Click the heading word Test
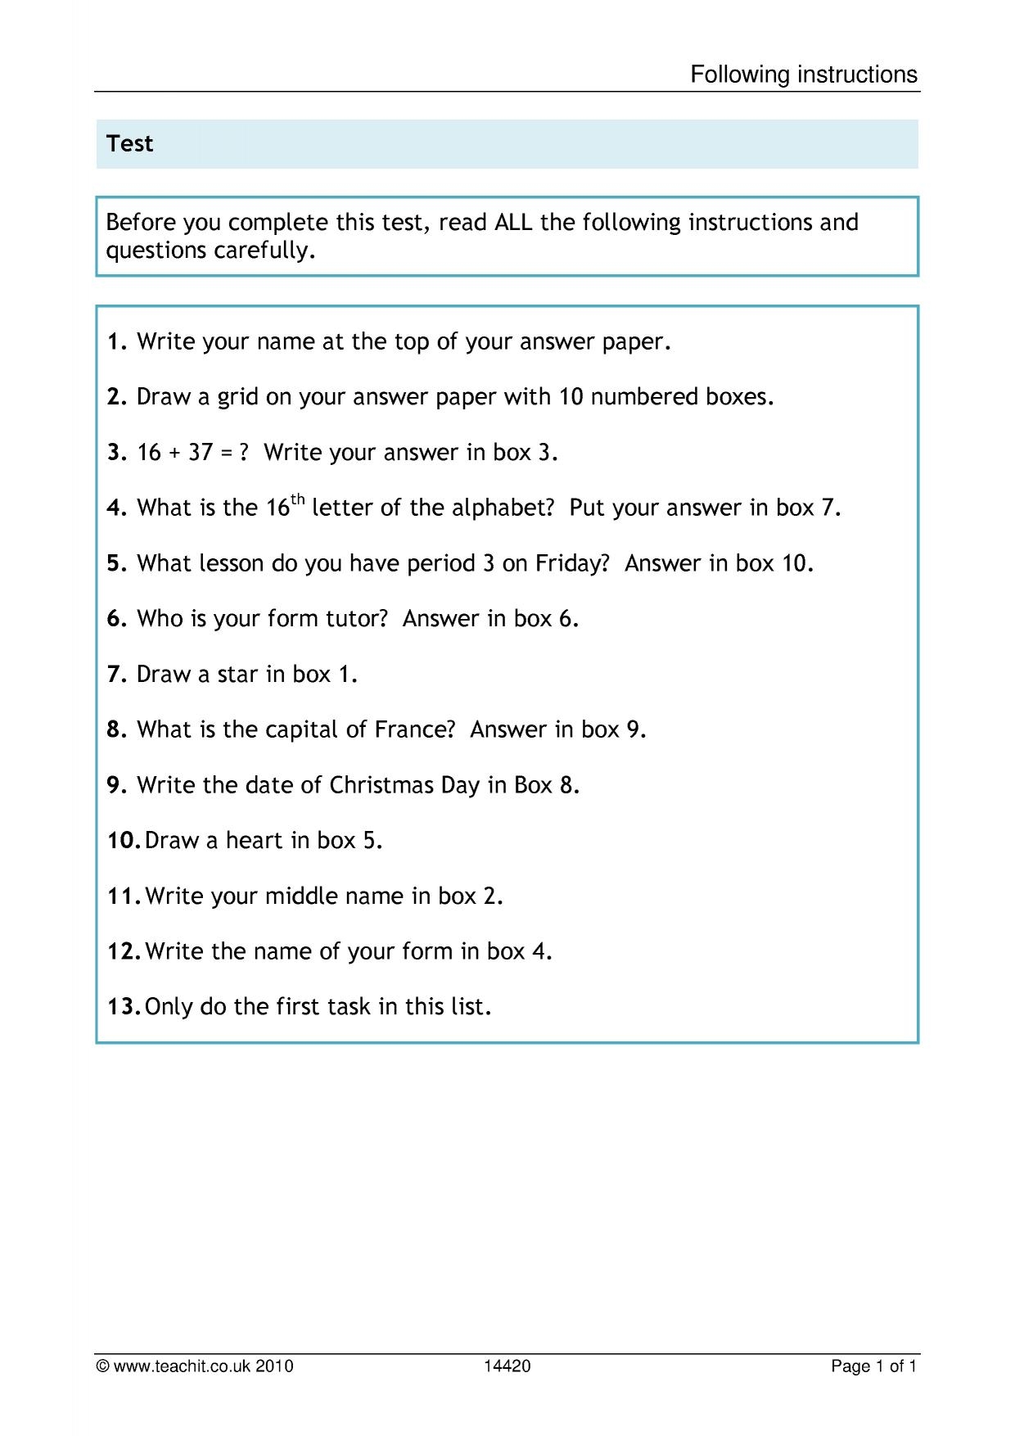pos(129,144)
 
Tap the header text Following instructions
pos(804,75)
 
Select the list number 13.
pos(124,1007)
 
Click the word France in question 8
pos(413,729)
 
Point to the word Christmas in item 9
pos(381,785)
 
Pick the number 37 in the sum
pos(201,453)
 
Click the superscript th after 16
pos(298,499)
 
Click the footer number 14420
pos(507,1366)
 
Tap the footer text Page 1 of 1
pos(873,1366)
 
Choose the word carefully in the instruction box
pos(264,251)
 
